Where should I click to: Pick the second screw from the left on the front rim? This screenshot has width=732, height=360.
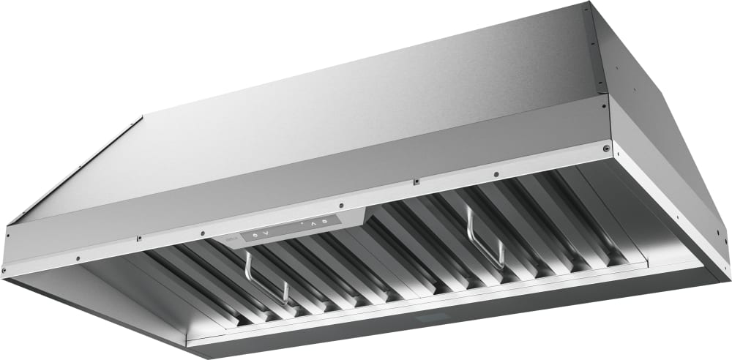click(x=79, y=257)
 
